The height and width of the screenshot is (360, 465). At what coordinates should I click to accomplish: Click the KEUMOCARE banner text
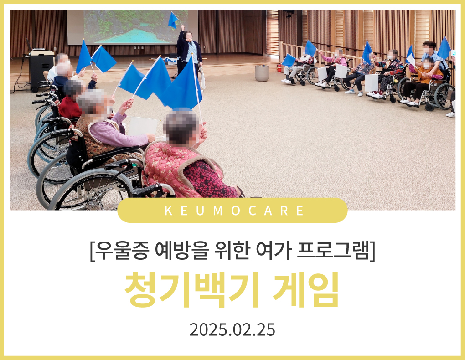(234, 211)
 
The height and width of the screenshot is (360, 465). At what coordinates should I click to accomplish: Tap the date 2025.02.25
(232, 330)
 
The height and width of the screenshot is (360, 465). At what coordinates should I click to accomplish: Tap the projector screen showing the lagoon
(133, 27)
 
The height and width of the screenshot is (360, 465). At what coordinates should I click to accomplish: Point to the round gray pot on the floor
(262, 73)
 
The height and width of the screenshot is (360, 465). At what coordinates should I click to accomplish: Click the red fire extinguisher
(279, 68)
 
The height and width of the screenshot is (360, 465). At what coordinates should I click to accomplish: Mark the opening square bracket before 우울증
(92, 252)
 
